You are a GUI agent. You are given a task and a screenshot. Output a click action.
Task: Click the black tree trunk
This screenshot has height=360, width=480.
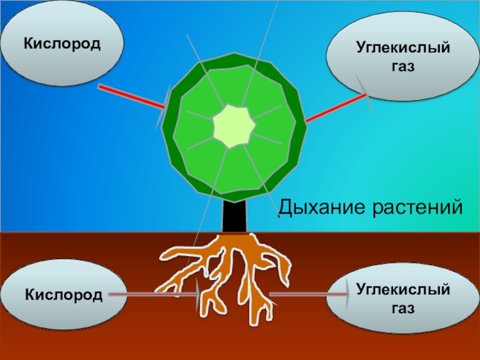(235, 217)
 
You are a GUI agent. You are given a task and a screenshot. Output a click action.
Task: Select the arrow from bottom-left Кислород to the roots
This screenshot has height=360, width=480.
(150, 294)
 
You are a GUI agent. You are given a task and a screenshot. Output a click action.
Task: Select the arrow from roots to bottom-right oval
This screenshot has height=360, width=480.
(306, 294)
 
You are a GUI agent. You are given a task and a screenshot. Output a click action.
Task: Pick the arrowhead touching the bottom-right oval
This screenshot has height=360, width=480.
(346, 294)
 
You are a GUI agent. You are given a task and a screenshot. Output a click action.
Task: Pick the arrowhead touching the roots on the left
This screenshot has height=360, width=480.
(196, 294)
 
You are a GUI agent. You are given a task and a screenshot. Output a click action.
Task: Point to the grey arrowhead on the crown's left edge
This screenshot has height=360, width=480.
(164, 108)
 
